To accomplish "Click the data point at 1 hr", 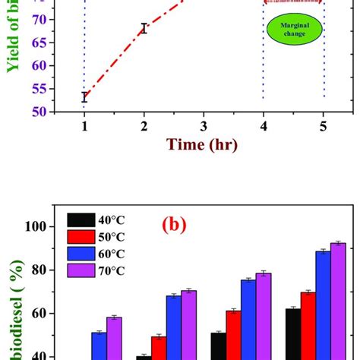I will click(x=85, y=96).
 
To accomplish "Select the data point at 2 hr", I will click(x=144, y=28).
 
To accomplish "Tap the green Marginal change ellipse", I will click(x=294, y=32).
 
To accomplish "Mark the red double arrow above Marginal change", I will click(x=294, y=2).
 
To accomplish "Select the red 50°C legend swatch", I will click(x=81, y=236).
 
